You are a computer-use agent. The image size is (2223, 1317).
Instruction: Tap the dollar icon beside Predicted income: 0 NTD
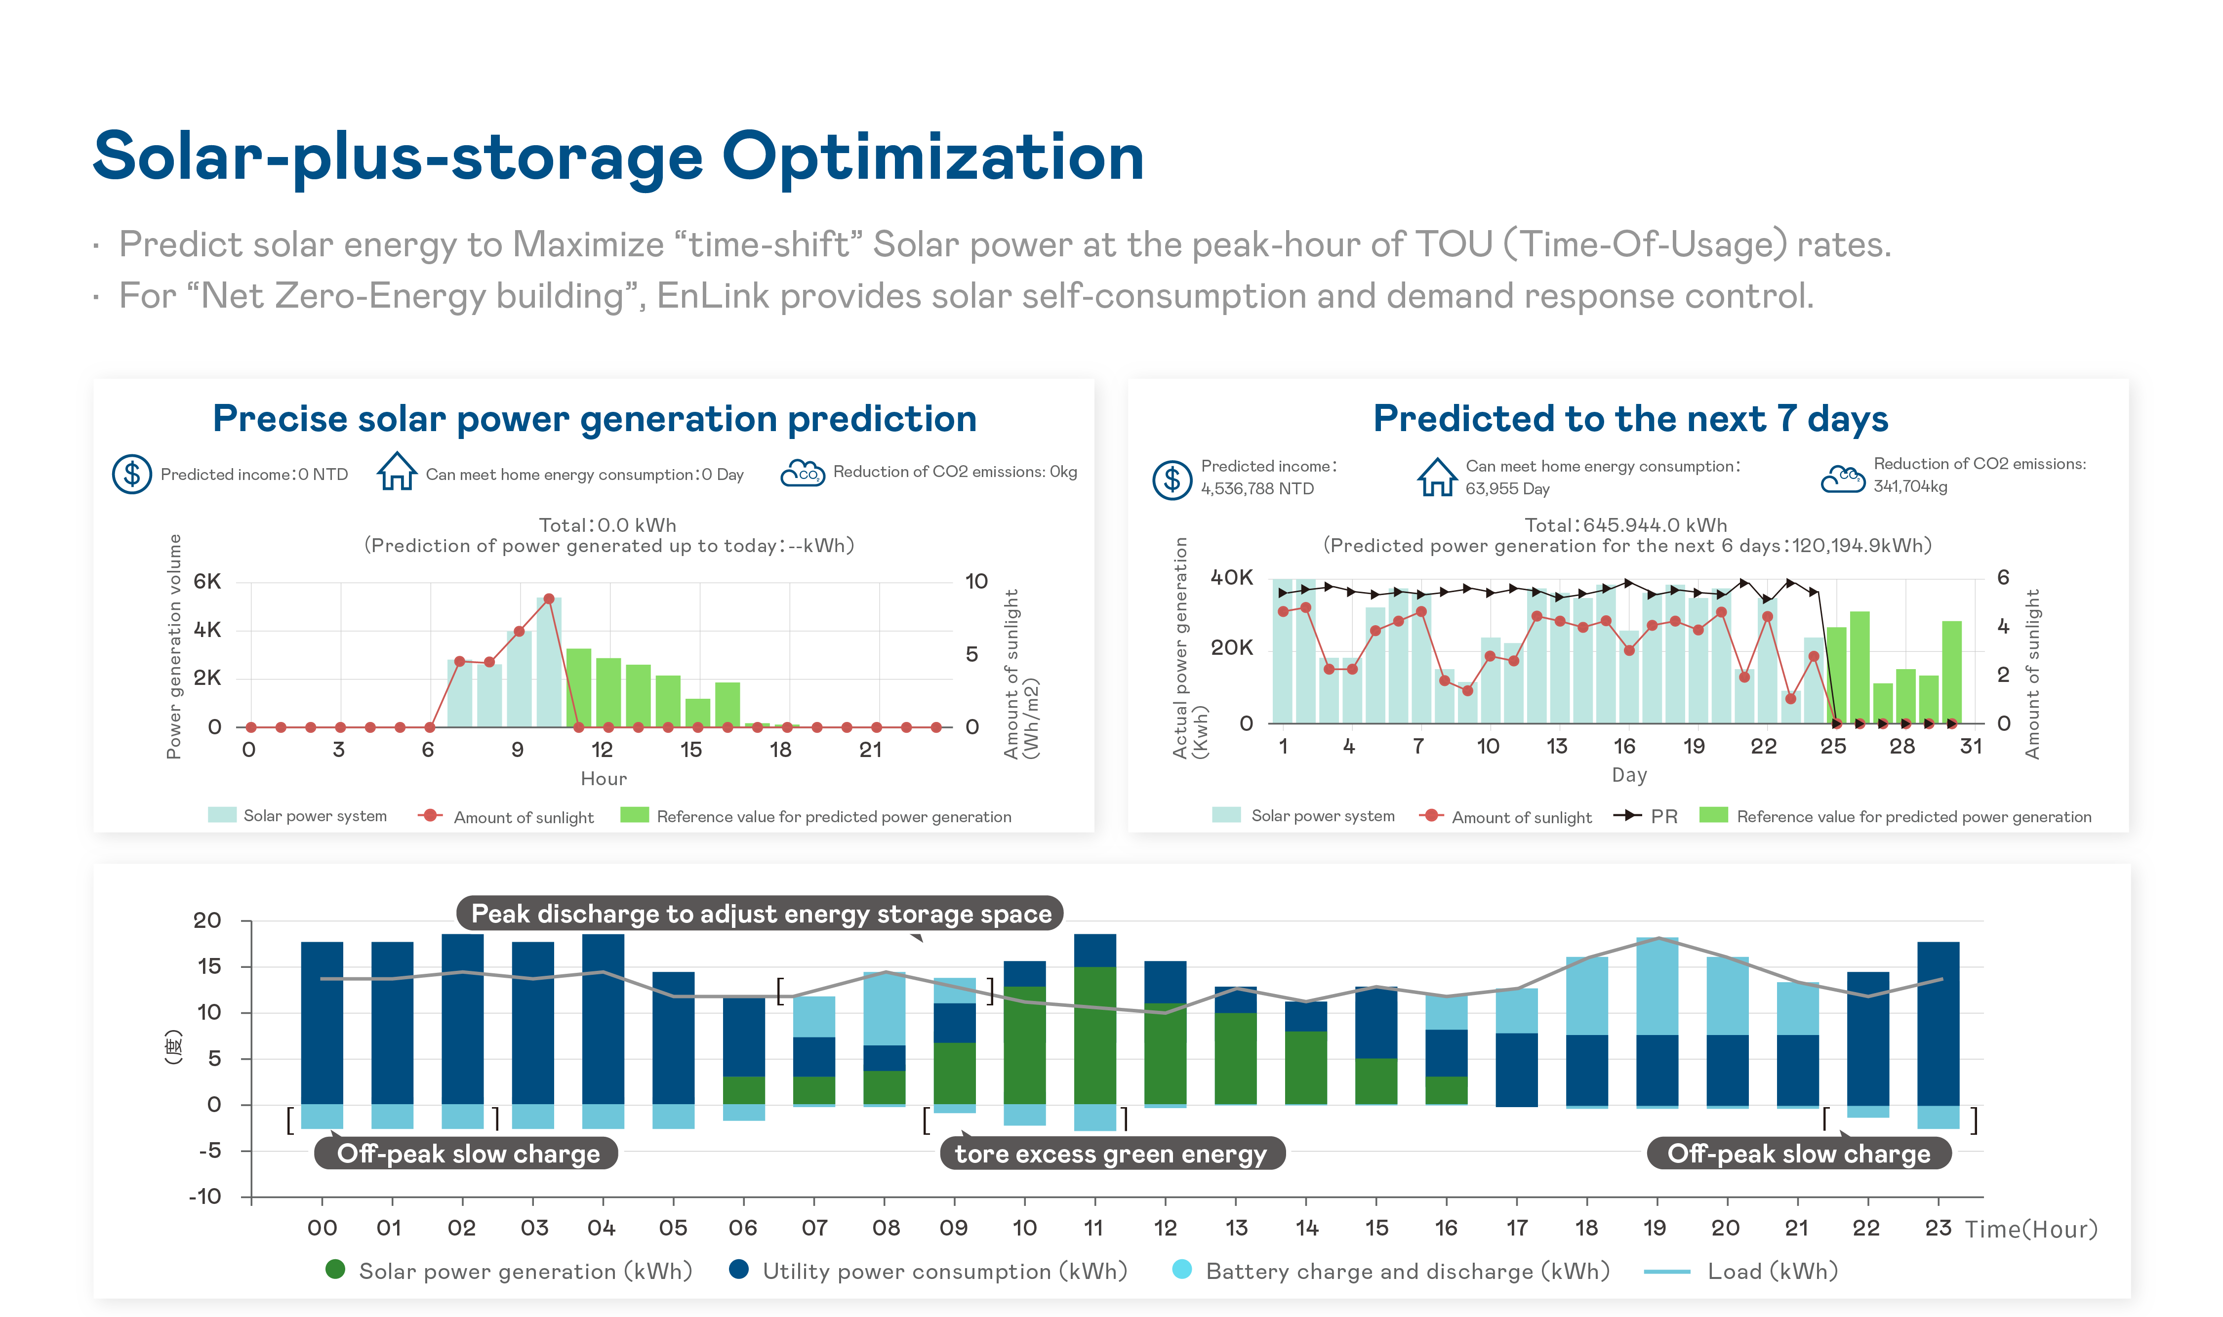pos(131,474)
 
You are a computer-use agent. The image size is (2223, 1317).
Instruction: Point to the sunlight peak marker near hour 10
pos(548,599)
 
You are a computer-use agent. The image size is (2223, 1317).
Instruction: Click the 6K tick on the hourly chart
pos(207,581)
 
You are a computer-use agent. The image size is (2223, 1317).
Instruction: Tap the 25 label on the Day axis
pos(1832,746)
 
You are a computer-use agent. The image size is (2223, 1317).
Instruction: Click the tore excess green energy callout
pos(1111,1153)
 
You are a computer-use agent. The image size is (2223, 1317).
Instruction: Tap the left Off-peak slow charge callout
pos(468,1153)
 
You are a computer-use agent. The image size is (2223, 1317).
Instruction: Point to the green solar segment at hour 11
pos(1094,1034)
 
